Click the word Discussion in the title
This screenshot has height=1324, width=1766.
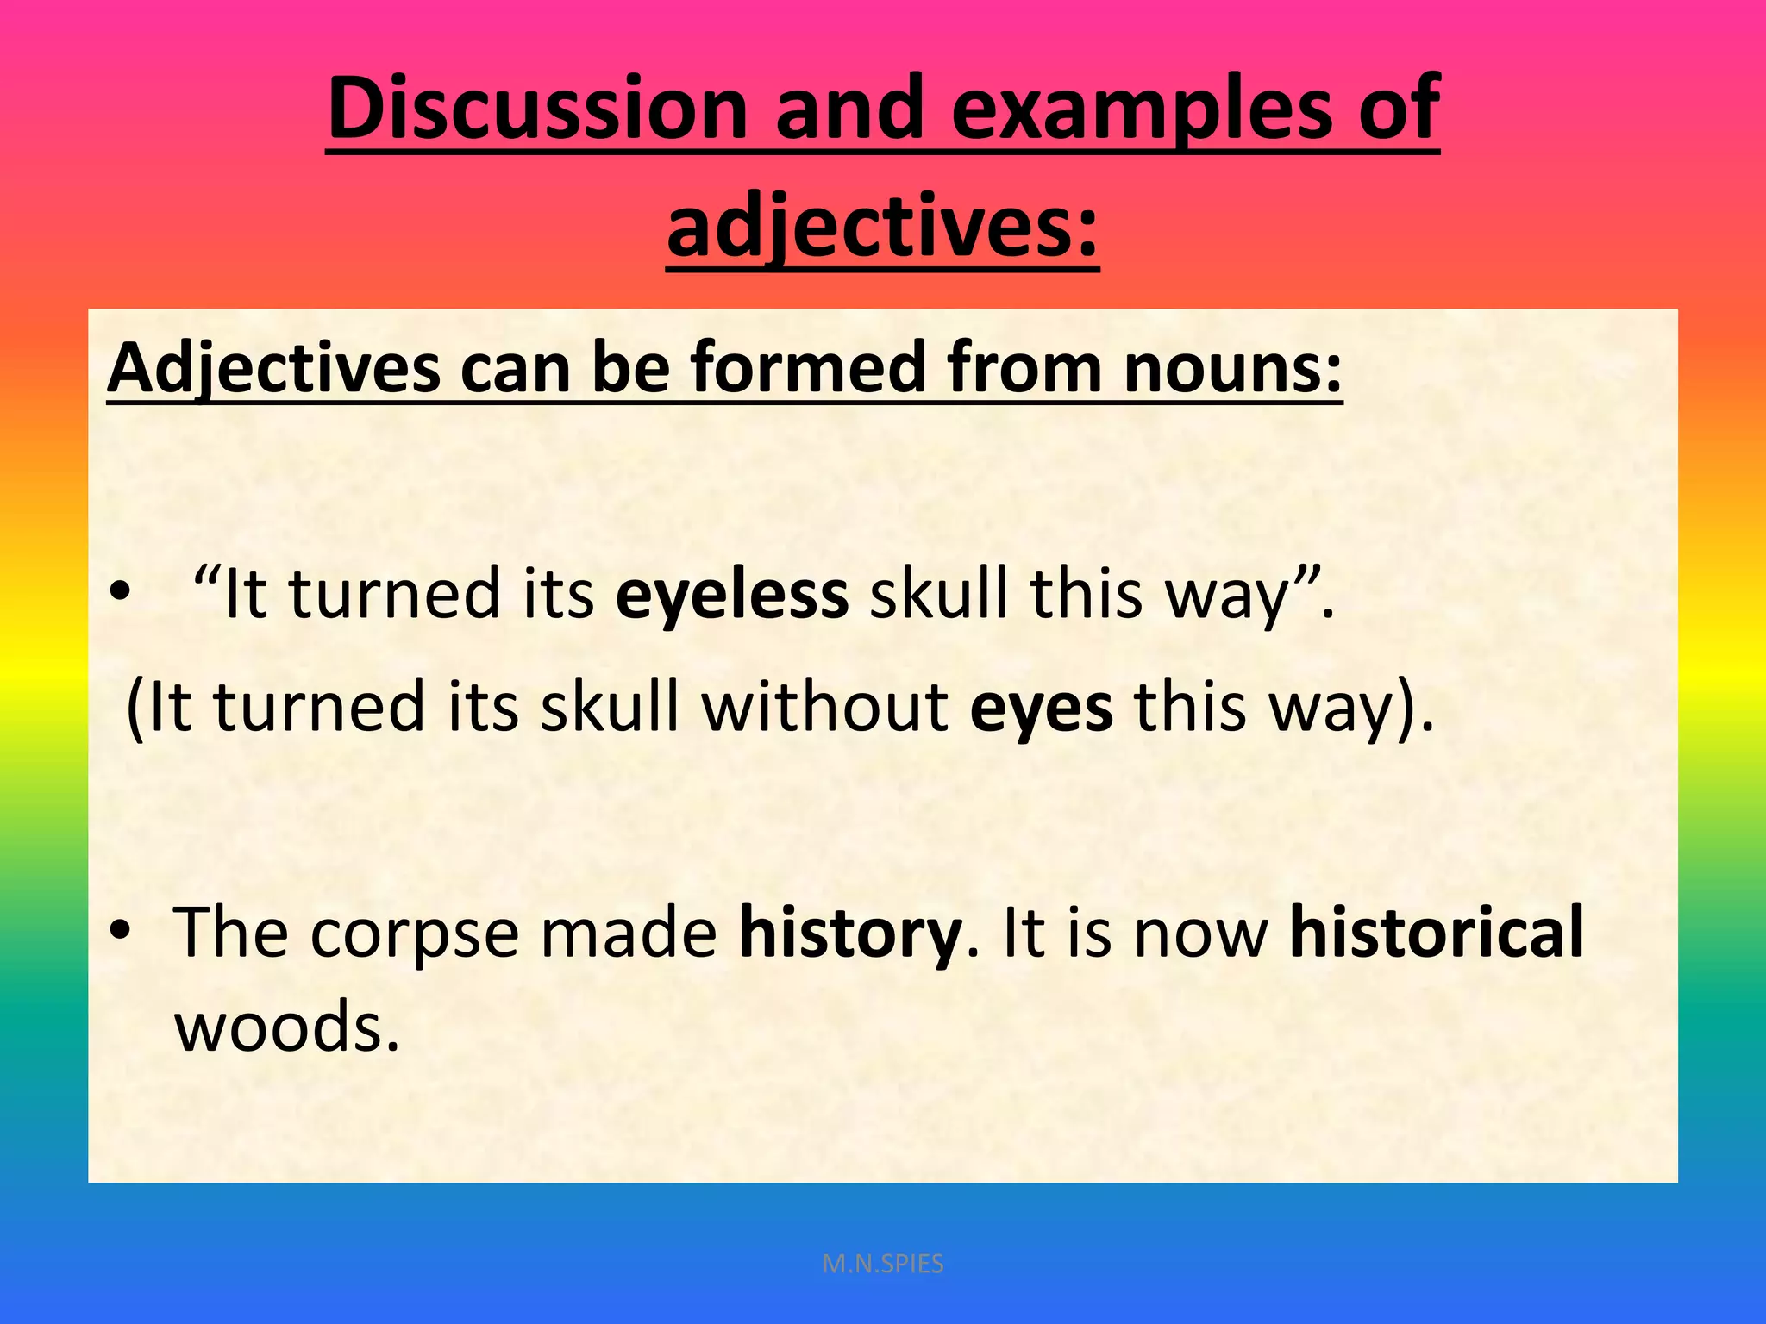click(537, 109)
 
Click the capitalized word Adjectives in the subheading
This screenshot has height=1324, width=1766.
click(273, 369)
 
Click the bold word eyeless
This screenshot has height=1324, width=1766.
click(732, 595)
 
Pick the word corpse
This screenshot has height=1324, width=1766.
click(415, 934)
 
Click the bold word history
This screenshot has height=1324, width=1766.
click(850, 934)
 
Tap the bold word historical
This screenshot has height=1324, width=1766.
click(1437, 932)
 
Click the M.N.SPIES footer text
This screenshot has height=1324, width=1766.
click(883, 1264)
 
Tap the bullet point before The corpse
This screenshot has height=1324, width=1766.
click(121, 933)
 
